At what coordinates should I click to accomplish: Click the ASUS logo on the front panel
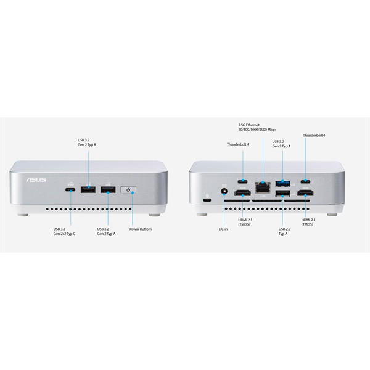click(36, 179)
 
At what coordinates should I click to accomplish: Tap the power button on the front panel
click(128, 190)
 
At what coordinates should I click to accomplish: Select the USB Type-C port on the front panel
click(70, 190)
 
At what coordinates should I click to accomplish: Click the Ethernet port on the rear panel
click(263, 187)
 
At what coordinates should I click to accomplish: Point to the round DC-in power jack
click(224, 191)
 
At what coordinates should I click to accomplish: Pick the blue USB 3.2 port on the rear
click(282, 183)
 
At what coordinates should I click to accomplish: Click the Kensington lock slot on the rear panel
click(207, 200)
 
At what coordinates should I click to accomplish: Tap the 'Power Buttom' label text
click(141, 229)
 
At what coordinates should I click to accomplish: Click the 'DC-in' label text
click(223, 229)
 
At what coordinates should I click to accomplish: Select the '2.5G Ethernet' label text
click(249, 125)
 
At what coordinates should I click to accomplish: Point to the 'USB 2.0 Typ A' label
click(284, 231)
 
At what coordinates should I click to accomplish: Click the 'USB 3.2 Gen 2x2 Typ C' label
click(64, 231)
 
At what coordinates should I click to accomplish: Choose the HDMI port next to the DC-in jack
click(242, 193)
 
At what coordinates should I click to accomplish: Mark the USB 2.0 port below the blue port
click(282, 193)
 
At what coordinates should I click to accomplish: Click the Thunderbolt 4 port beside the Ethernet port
click(242, 181)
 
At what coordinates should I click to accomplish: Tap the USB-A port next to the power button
click(108, 189)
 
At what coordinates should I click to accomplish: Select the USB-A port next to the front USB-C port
click(88, 189)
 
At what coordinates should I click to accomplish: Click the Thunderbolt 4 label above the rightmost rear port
click(314, 135)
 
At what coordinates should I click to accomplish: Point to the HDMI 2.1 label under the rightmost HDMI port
click(308, 222)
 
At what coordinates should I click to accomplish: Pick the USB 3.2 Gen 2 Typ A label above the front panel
click(87, 142)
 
